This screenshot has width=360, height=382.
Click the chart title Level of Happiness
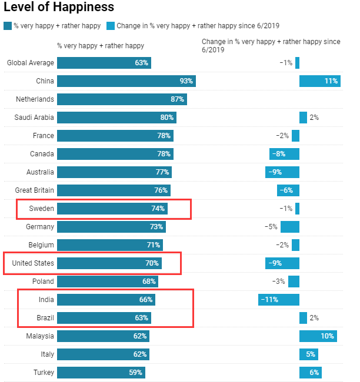click(x=59, y=8)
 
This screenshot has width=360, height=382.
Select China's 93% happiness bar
click(x=126, y=81)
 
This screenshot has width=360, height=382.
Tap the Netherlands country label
click(x=35, y=99)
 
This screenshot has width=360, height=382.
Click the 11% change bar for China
click(x=320, y=81)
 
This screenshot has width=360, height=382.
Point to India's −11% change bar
click(x=279, y=300)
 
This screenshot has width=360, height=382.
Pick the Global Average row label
click(x=31, y=63)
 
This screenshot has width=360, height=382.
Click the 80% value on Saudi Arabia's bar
click(x=167, y=118)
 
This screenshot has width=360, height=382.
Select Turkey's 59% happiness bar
click(x=101, y=373)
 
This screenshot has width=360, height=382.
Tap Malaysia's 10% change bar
click(x=318, y=336)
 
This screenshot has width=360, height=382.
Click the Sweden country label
click(x=41, y=209)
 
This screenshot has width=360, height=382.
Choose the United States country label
click(x=33, y=263)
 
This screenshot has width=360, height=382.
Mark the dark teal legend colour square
click(x=7, y=26)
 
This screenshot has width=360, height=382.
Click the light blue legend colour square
click(x=111, y=26)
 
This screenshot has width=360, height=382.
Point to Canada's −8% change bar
click(x=285, y=154)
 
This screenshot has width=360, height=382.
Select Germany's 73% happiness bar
click(x=111, y=227)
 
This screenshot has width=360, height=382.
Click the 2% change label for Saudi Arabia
click(x=314, y=118)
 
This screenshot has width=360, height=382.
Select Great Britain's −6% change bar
click(x=288, y=190)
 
